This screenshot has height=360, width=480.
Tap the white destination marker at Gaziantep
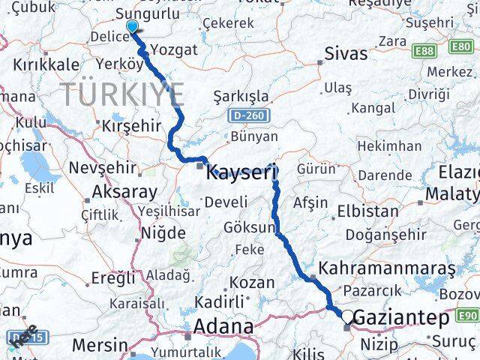(x=347, y=317)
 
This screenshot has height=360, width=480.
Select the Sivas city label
(x=346, y=53)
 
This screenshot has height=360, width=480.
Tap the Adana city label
(x=223, y=327)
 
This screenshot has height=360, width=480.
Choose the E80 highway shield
(x=460, y=46)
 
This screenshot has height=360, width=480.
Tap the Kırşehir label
(x=131, y=125)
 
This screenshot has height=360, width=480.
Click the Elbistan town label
(x=368, y=211)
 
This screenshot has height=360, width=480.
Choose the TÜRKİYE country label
(x=122, y=94)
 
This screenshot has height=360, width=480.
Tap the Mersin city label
(x=100, y=345)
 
